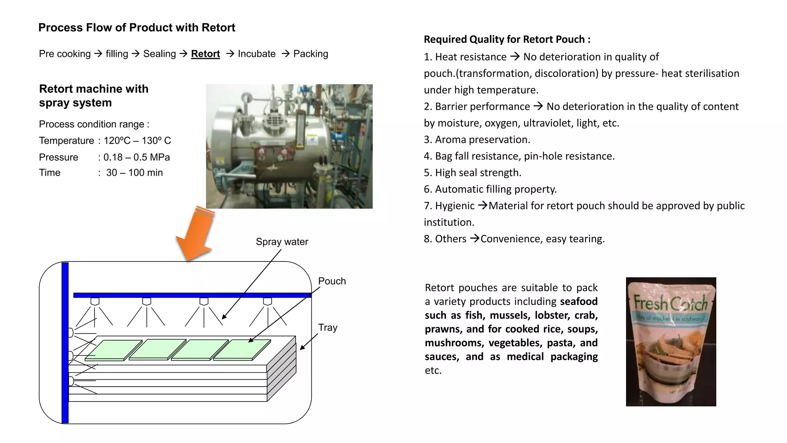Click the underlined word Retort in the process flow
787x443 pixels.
(205, 54)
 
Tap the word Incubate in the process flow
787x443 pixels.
(256, 54)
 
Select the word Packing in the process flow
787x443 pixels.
(310, 54)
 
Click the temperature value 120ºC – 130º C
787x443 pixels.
(137, 141)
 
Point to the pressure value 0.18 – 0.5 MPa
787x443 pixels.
(136, 157)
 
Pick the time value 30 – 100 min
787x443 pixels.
(134, 173)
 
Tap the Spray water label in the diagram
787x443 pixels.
(282, 242)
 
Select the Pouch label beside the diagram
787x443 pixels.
(332, 281)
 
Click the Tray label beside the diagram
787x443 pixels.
(327, 328)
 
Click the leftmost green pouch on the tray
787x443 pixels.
(113, 350)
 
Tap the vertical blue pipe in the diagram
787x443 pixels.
(65, 342)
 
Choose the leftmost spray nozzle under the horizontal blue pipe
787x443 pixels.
(95, 301)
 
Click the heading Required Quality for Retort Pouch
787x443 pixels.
(506, 39)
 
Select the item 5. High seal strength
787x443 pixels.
(472, 173)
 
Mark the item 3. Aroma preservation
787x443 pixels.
(477, 140)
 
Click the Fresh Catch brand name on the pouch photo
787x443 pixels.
(670, 303)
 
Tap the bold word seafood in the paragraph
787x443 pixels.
(578, 301)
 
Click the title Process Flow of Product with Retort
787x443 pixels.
(137, 28)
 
